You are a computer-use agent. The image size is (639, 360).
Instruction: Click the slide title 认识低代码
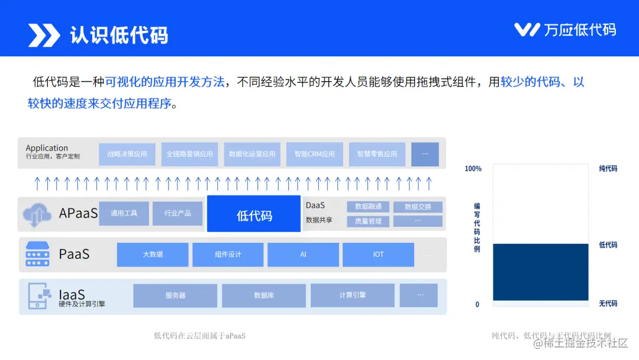coord(119,35)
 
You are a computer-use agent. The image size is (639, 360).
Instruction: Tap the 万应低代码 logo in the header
coord(564,30)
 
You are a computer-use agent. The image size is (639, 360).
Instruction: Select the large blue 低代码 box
coord(254,214)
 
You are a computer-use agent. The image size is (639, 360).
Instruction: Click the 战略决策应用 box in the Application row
coord(127,154)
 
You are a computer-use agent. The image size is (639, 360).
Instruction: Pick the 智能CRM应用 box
coord(315,154)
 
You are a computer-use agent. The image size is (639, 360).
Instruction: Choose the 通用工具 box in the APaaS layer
coord(124,213)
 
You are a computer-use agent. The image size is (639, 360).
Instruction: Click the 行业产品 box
coord(177,213)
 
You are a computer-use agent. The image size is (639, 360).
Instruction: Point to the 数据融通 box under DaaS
coord(368,207)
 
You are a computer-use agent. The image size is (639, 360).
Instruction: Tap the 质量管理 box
coord(368,221)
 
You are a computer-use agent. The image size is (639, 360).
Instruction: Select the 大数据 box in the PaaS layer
coord(153,255)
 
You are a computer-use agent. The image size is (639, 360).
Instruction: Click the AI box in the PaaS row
coord(303,255)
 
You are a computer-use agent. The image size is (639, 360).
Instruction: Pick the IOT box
coord(378,255)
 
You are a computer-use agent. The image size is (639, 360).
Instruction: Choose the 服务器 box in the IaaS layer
coord(175,295)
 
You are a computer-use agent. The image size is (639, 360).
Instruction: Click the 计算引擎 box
coord(353,295)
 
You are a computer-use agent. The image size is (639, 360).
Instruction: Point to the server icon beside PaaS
coord(37,255)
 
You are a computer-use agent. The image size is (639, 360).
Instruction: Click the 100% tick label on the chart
coord(473,169)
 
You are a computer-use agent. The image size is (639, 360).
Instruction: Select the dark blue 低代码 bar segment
coord(540,272)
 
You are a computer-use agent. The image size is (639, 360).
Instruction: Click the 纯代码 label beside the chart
coord(608,169)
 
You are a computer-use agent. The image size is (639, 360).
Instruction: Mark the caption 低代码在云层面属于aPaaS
coord(199,336)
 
